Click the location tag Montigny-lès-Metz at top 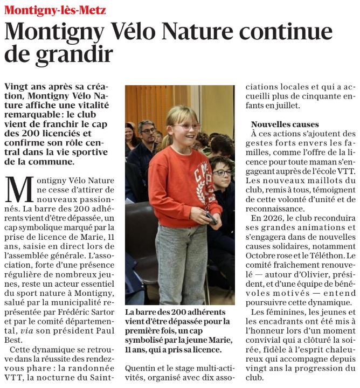pyautogui.click(x=56, y=10)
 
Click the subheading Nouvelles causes pyautogui.click(x=285, y=124)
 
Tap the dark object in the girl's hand pyautogui.click(x=212, y=218)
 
